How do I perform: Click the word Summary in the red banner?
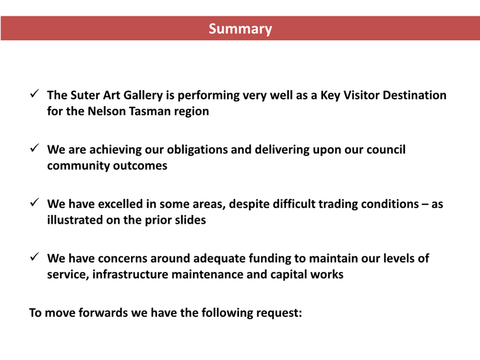tap(241, 29)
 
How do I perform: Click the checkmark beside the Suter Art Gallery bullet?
tap(35, 93)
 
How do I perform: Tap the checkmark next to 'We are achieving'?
tap(35, 148)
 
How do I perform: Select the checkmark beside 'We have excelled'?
tap(35, 202)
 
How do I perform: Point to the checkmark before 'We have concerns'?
tap(35, 257)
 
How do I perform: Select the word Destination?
tap(415, 96)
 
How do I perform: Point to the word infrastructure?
tap(131, 275)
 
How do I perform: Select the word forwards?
tap(103, 313)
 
